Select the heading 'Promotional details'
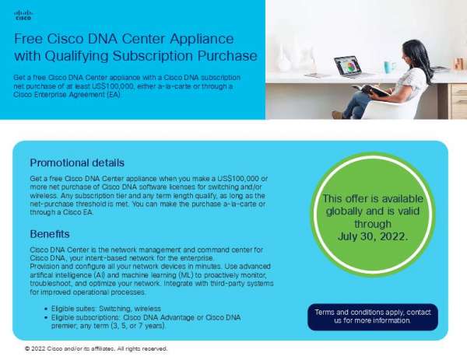point(76,163)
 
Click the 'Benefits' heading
point(51,233)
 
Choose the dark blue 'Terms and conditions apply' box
point(373,316)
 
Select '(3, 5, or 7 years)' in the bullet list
point(146,326)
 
